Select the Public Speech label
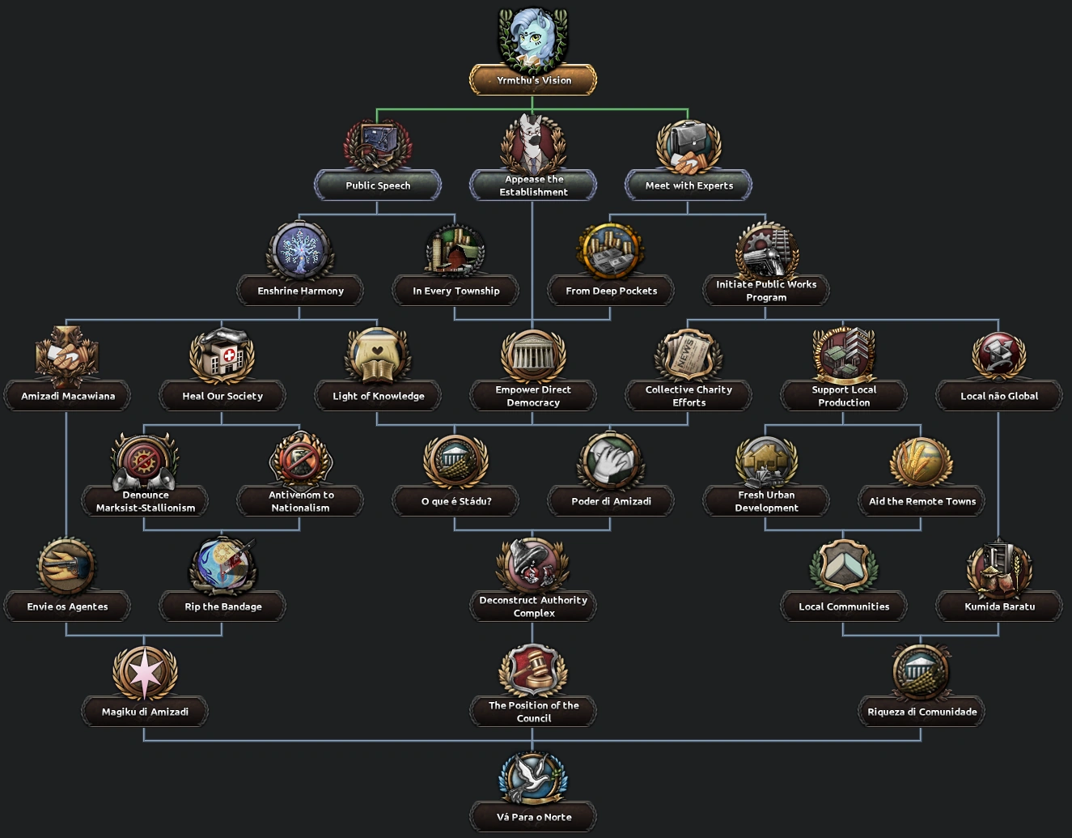coord(378,185)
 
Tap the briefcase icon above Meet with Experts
coord(689,147)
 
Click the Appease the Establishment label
coord(533,185)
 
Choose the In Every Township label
coord(455,291)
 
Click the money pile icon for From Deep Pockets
coord(611,252)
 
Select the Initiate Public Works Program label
coord(766,291)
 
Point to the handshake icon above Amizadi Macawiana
coord(67,355)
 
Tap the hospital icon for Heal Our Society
coord(222,355)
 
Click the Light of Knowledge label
coord(378,396)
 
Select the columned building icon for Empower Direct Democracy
coord(533,355)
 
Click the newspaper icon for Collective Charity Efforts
coord(689,355)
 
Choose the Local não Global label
coord(999,396)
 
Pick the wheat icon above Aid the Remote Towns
coord(922,461)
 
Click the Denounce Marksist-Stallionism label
coord(145,501)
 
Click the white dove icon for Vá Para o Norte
coord(533,778)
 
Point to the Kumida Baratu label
coord(999,606)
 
